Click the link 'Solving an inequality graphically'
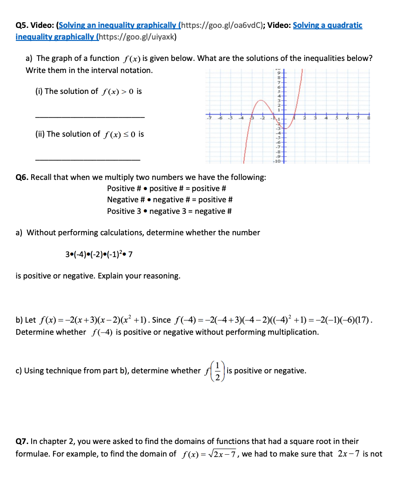pyautogui.click(x=120, y=25)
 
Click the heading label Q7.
pyautogui.click(x=22, y=441)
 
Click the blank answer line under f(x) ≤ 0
pyautogui.click(x=87, y=159)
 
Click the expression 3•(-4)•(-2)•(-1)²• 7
pyautogui.click(x=100, y=254)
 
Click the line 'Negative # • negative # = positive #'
pyautogui.click(x=169, y=199)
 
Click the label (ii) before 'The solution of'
pyautogui.click(x=40, y=134)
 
